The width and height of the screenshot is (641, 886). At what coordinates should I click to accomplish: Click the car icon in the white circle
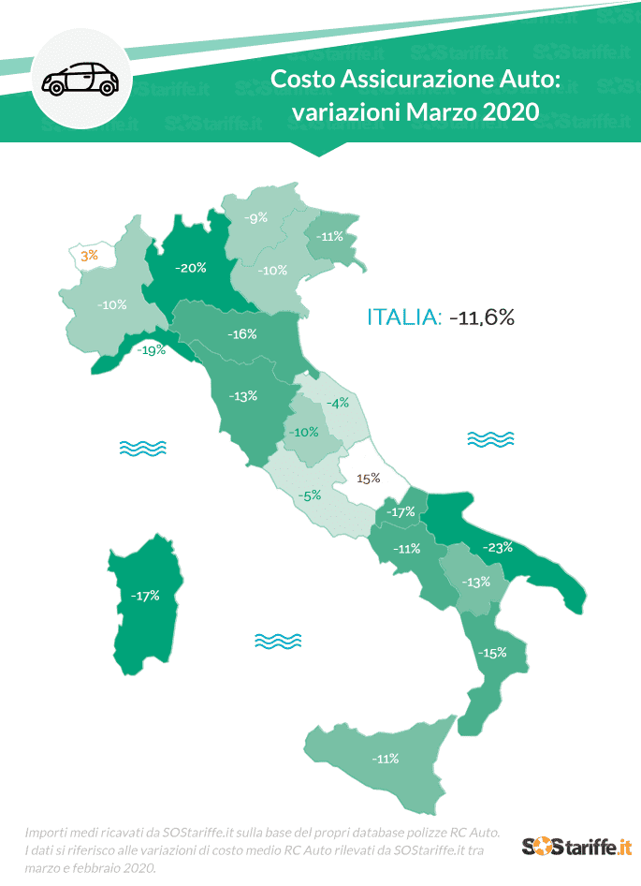click(80, 79)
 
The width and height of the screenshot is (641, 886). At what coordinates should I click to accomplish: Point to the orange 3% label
click(89, 255)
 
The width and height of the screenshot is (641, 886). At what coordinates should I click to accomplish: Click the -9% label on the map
click(256, 217)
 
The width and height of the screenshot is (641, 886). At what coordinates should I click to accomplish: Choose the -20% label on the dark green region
click(191, 267)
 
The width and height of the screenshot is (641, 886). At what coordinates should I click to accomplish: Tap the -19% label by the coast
click(151, 350)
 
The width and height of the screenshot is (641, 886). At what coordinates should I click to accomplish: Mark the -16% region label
click(241, 333)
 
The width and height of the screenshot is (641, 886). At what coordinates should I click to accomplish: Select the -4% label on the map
click(337, 403)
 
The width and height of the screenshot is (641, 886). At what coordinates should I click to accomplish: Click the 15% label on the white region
click(368, 478)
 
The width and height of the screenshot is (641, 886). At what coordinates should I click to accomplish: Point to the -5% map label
click(309, 495)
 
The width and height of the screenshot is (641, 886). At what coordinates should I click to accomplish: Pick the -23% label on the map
click(497, 547)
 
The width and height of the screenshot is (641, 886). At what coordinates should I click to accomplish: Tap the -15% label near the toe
click(492, 652)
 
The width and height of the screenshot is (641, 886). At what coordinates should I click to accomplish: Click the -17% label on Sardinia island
click(144, 595)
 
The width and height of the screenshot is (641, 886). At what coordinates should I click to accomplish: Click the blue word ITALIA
click(403, 317)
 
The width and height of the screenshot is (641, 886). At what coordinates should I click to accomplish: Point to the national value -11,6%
click(482, 317)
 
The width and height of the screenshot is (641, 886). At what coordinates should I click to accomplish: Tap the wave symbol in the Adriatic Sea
click(490, 438)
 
